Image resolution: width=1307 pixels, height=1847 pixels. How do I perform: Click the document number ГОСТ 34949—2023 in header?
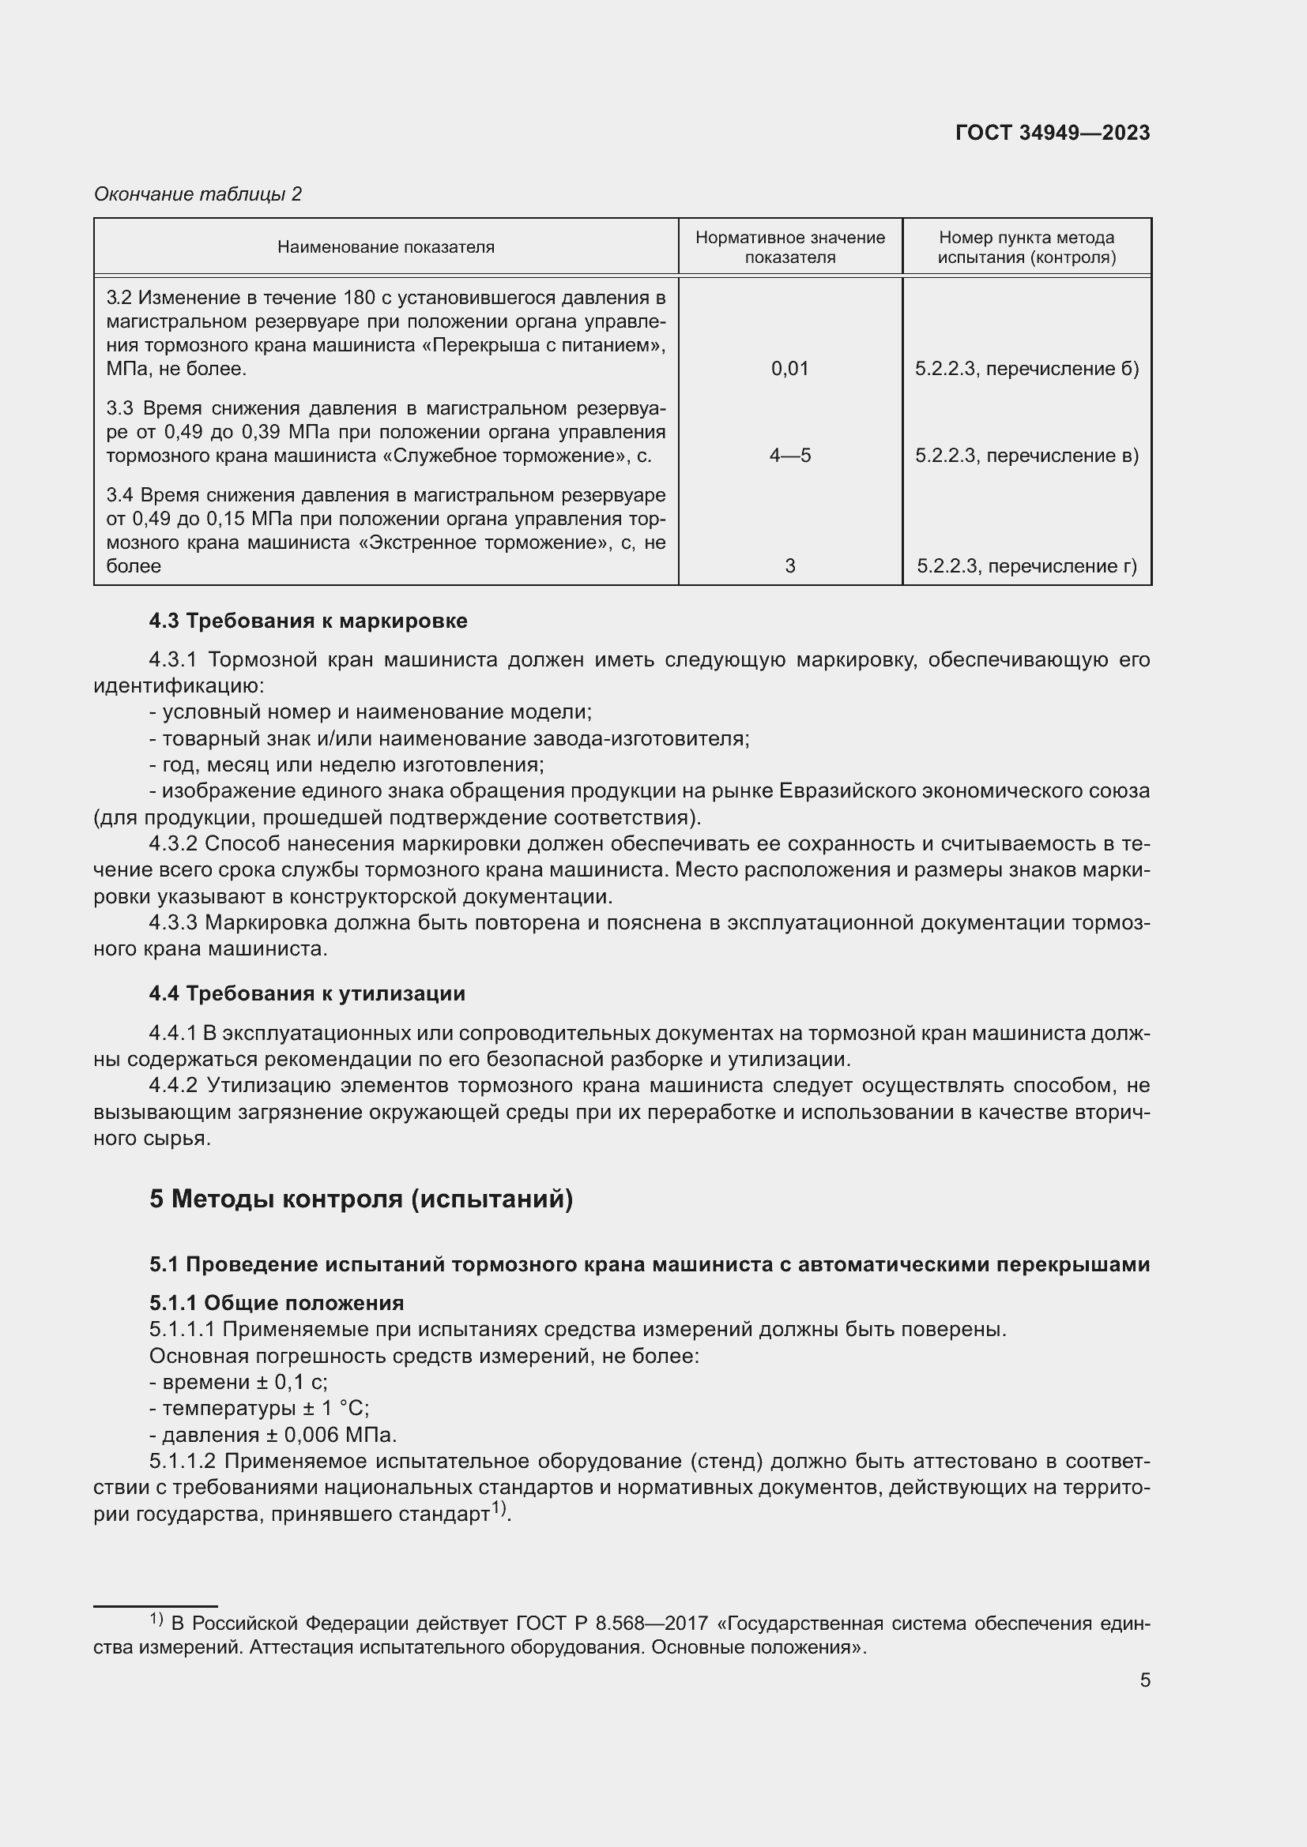[x=1052, y=133]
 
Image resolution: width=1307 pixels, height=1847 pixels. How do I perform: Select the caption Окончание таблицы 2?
[x=198, y=194]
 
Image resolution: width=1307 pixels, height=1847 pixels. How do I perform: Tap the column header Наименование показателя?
[x=386, y=247]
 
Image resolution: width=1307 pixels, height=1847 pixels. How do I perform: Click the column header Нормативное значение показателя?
[x=789, y=247]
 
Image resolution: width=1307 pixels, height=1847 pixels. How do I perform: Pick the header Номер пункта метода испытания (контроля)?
[x=1026, y=247]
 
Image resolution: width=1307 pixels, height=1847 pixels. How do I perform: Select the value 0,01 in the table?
[x=789, y=369]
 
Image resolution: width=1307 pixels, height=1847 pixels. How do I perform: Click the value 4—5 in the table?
[x=789, y=456]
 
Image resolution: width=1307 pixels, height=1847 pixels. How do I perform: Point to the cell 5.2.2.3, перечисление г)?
[x=1026, y=565]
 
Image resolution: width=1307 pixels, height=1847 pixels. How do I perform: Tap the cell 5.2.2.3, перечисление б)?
[x=1026, y=369]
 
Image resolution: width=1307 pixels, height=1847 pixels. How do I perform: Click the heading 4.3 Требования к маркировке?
[x=307, y=620]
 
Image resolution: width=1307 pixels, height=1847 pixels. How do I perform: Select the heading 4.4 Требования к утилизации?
[x=307, y=993]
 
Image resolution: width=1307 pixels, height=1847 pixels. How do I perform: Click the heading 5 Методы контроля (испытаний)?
[x=360, y=1199]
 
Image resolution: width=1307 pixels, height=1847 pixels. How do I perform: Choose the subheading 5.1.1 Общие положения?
[x=276, y=1302]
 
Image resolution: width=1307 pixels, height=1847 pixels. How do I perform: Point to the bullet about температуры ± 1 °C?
[x=259, y=1408]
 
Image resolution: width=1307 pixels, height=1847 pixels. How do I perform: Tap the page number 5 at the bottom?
[x=1144, y=1680]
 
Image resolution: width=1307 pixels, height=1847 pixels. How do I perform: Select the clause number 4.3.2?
[x=173, y=843]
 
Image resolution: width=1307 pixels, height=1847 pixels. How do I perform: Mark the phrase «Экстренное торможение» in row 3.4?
[x=481, y=542]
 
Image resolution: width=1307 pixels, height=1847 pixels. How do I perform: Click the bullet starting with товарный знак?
[x=449, y=738]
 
